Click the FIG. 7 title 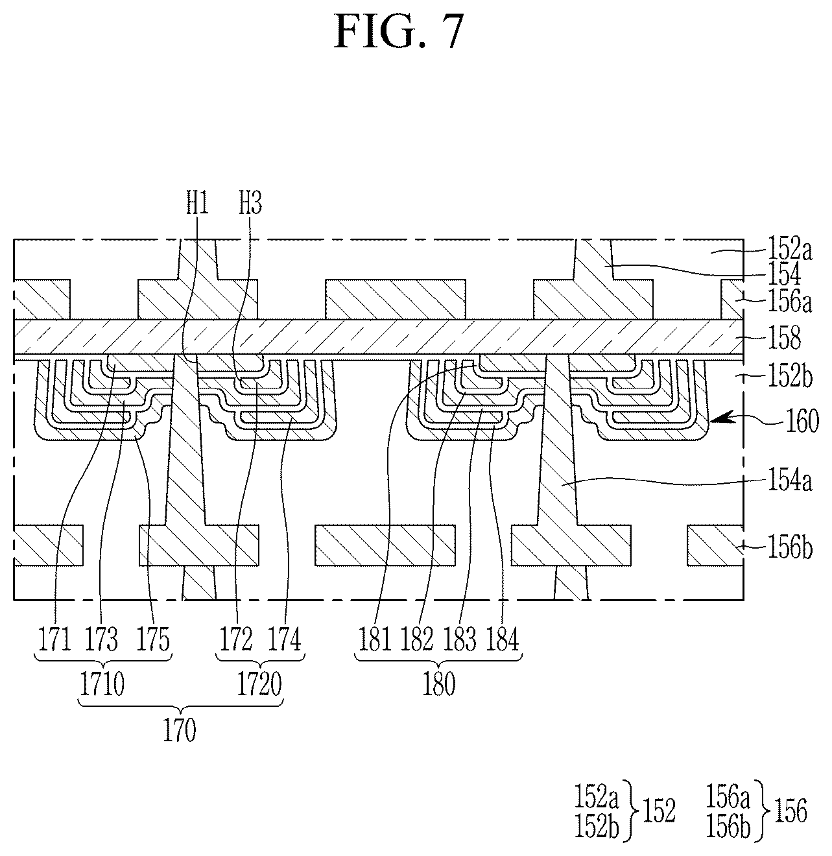click(399, 31)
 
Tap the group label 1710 click(102, 684)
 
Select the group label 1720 click(259, 684)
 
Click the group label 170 click(180, 730)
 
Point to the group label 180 click(438, 684)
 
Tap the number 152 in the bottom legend click(659, 811)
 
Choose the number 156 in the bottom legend click(790, 811)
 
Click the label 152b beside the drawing click(790, 377)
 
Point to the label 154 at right click(784, 274)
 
